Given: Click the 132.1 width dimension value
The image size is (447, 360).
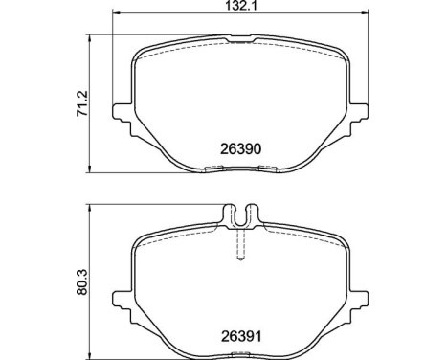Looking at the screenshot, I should (239, 6).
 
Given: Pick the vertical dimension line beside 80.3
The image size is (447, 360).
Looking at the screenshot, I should (92, 279).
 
